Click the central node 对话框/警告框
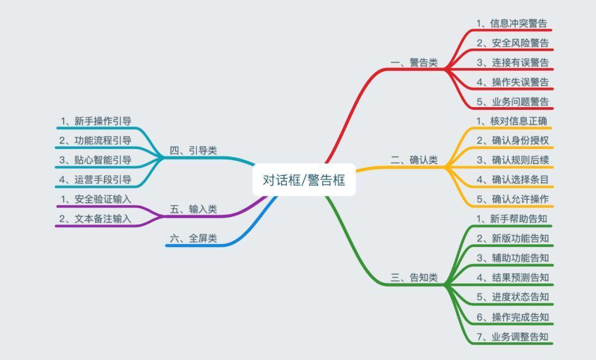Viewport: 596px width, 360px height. pos(304,179)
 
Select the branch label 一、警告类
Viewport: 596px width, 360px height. pos(414,62)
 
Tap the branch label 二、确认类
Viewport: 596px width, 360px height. pos(414,160)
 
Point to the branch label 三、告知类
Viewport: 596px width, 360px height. pos(414,278)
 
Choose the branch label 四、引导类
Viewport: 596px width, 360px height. pos(194,151)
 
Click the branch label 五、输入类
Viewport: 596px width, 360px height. pos(194,209)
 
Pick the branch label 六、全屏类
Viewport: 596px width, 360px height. pos(194,239)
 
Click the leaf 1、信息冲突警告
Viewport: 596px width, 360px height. pos(512,23)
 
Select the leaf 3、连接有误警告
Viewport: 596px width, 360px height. pos(513,62)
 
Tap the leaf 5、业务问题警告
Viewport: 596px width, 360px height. pos(513,102)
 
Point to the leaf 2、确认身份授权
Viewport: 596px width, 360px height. pos(513,140)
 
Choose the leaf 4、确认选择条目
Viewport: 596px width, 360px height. pos(513,179)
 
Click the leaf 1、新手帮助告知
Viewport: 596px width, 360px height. pos(512,219)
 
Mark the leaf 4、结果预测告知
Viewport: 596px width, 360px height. pos(513,278)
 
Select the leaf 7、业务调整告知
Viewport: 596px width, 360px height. pos(513,336)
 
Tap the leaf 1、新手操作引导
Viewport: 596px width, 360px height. pos(96,121)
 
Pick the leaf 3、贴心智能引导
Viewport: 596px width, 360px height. pos(95,160)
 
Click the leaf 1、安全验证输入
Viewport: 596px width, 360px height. pos(96,199)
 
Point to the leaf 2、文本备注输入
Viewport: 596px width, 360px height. pos(95,219)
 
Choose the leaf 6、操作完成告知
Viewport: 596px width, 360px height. pos(513,317)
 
